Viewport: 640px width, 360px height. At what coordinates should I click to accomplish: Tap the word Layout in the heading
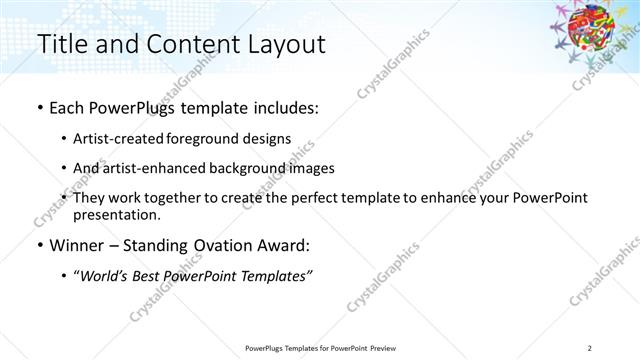(280, 45)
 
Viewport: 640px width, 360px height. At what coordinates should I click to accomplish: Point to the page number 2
(590, 348)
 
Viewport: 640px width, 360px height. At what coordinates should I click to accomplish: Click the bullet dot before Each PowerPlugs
(39, 107)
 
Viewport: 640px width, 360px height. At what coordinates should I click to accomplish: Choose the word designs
(268, 138)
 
